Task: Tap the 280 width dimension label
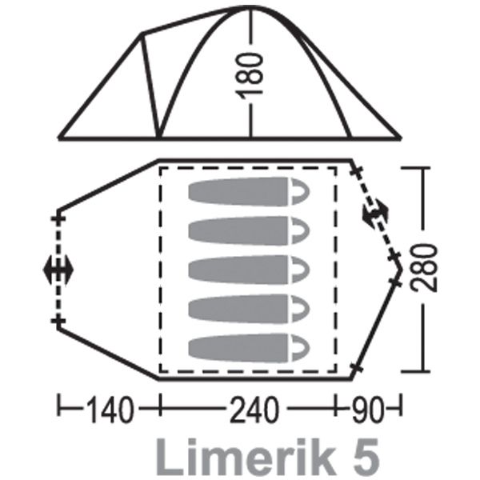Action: [423, 267]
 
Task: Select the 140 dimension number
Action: [110, 410]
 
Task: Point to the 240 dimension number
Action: [254, 410]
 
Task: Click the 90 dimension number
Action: [368, 410]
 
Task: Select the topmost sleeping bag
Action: [249, 192]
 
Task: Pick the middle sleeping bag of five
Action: [249, 270]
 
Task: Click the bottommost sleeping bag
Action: [249, 348]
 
